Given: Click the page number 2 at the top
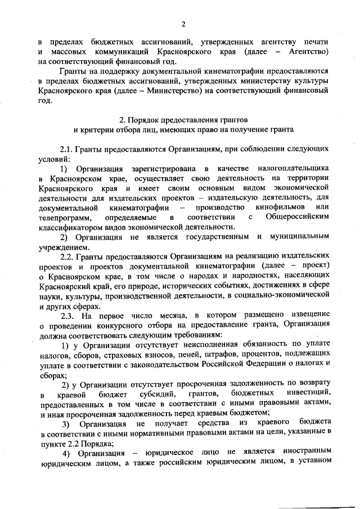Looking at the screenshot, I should pos(183,23).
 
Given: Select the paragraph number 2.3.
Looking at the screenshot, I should pos(69,317).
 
